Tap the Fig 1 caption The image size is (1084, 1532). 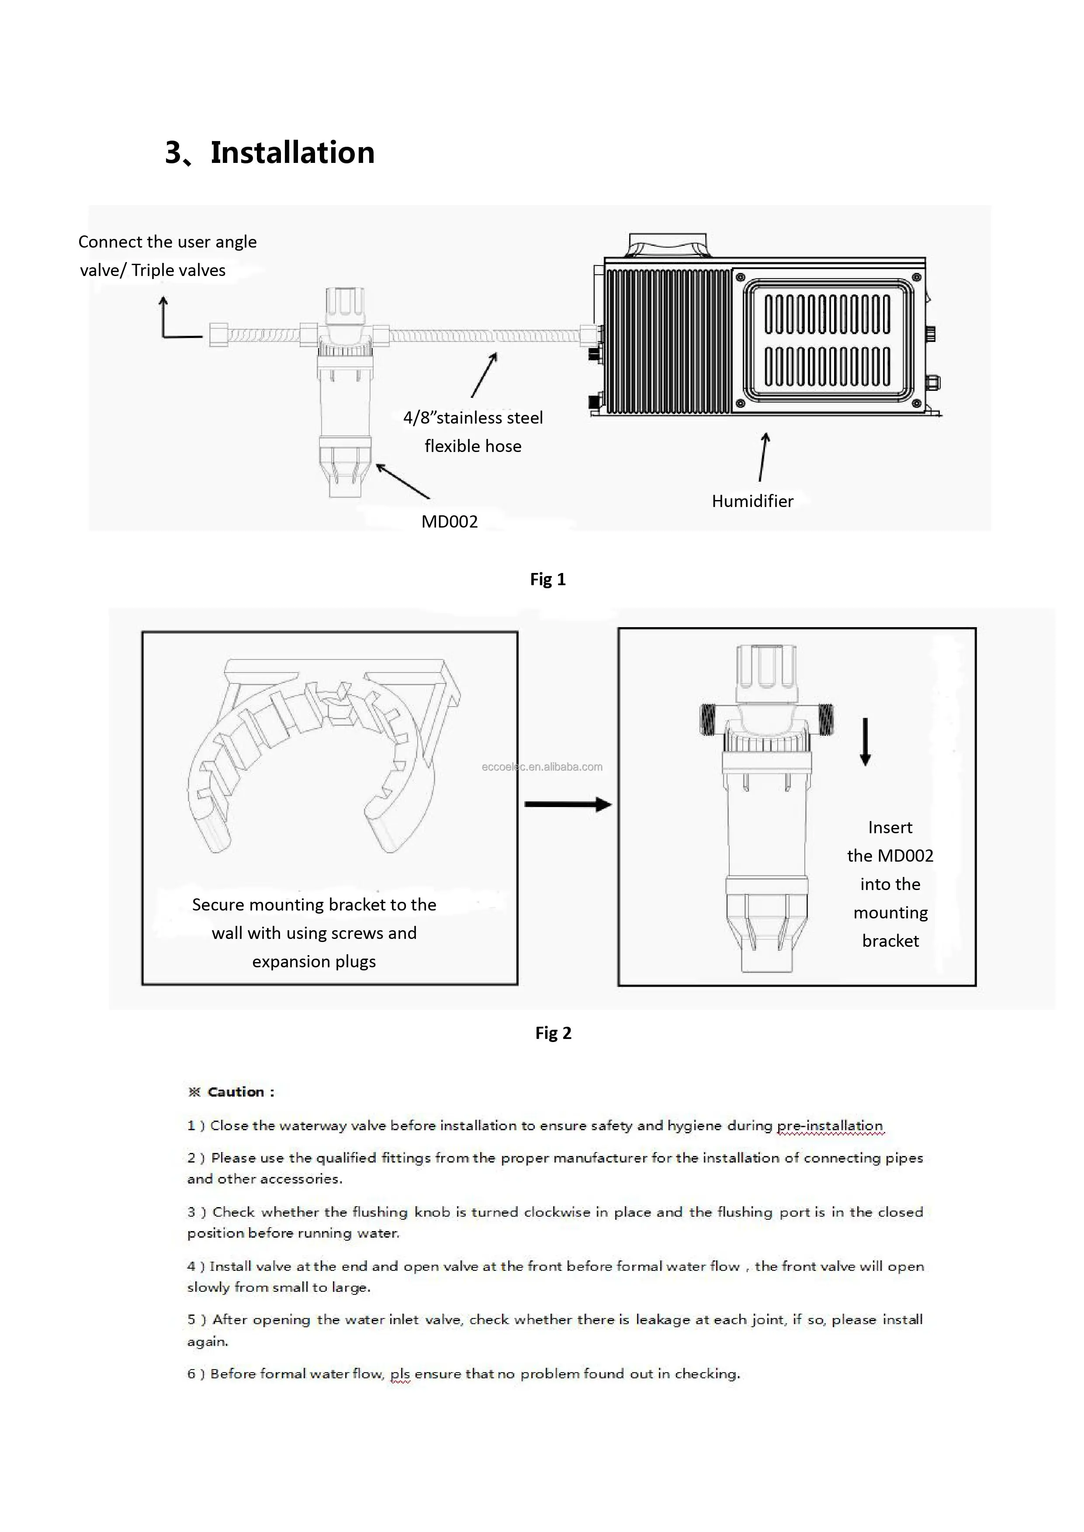tap(547, 579)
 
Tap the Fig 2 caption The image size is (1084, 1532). tap(553, 1033)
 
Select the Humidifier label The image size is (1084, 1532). tap(752, 501)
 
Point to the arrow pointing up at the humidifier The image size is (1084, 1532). tap(764, 457)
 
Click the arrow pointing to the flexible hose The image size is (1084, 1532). tap(484, 375)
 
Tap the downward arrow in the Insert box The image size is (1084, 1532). tap(865, 741)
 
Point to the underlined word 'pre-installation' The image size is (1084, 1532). tap(830, 1126)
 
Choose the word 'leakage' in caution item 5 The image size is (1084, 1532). tap(662, 1319)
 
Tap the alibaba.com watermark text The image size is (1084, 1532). tap(542, 767)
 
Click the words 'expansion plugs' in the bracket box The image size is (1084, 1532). tap(314, 962)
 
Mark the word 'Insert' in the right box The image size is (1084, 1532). tap(890, 828)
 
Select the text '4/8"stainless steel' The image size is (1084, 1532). tap(473, 418)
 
